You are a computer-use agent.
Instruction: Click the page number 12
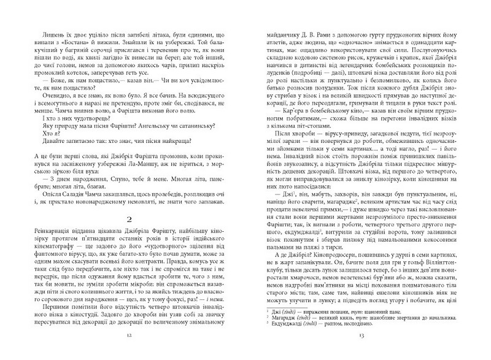click(x=125, y=336)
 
